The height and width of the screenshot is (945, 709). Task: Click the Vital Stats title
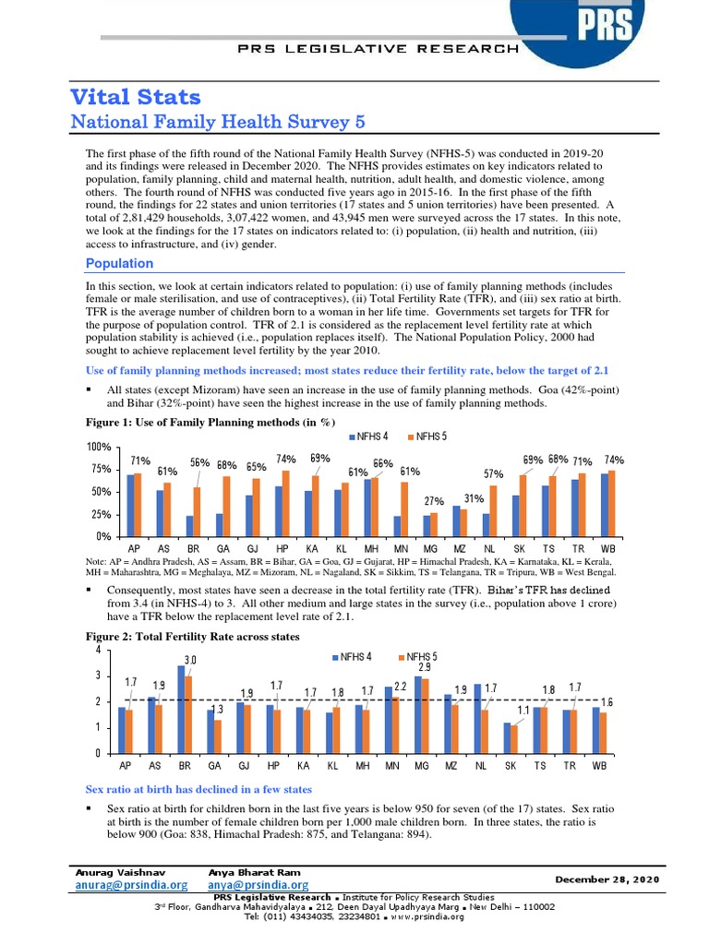tap(136, 97)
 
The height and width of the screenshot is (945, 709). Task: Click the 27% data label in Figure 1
tap(434, 500)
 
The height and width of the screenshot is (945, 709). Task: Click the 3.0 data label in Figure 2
tap(191, 660)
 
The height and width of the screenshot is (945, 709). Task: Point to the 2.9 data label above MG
tap(424, 666)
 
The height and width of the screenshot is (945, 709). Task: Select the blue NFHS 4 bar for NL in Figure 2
tap(477, 718)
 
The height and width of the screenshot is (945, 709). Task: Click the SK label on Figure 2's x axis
tap(511, 766)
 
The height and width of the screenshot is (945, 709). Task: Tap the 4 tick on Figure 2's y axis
tap(99, 650)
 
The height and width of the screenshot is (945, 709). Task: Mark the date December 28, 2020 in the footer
tap(607, 879)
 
